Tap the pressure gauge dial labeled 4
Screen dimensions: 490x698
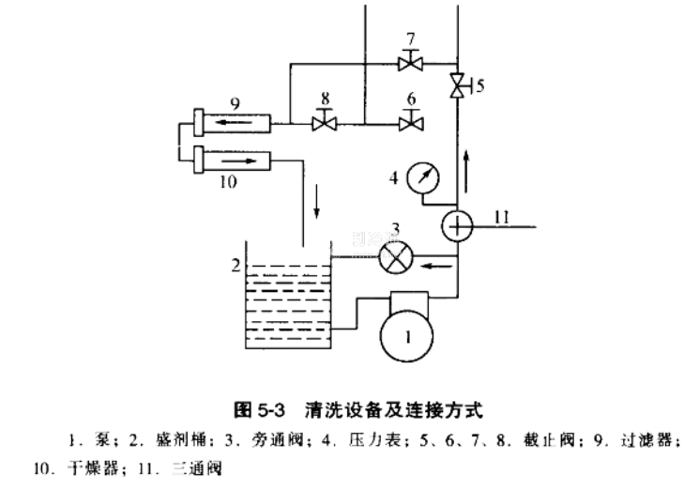[425, 177]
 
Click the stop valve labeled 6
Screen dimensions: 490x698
[409, 122]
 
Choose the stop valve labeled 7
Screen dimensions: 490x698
[410, 63]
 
